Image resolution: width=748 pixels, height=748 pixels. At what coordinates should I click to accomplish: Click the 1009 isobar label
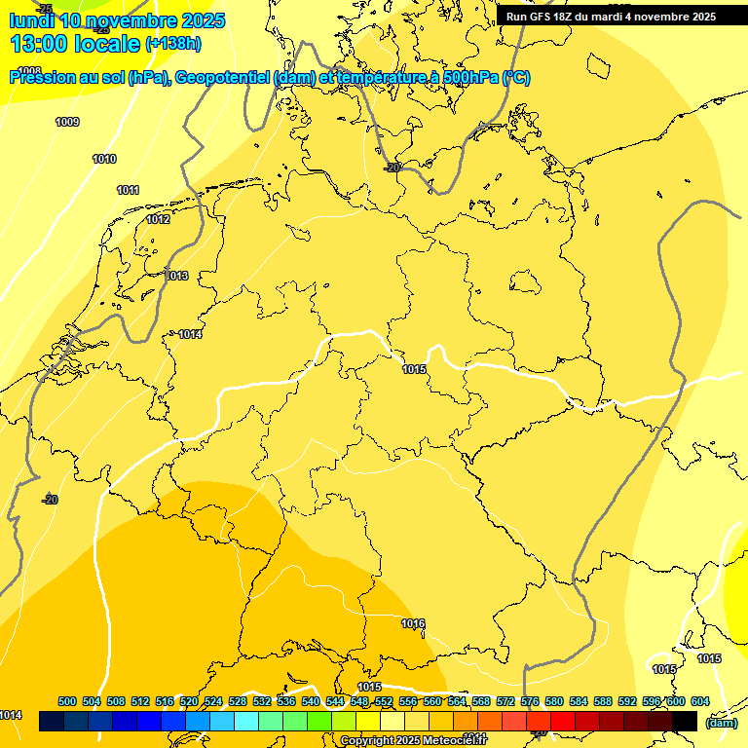(x=67, y=122)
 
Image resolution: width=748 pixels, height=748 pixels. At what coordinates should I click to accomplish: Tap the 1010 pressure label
(x=104, y=159)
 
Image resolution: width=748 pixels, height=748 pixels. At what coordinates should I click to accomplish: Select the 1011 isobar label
(x=128, y=190)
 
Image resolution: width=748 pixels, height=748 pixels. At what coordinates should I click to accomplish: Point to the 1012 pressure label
(x=158, y=219)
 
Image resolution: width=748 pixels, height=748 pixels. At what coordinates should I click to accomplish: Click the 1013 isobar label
(x=176, y=276)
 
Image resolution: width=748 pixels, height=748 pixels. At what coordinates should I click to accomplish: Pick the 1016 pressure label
(x=413, y=623)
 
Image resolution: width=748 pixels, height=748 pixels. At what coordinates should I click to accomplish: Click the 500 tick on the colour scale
(x=67, y=701)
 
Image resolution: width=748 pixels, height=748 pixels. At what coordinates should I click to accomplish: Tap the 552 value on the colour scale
(x=384, y=701)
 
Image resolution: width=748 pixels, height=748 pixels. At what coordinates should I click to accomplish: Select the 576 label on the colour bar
(x=530, y=701)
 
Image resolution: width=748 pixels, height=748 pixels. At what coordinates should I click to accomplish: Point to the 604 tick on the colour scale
(x=700, y=701)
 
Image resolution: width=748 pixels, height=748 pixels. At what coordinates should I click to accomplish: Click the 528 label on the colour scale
(x=238, y=701)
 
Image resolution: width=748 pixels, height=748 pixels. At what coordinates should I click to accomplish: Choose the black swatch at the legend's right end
(x=685, y=721)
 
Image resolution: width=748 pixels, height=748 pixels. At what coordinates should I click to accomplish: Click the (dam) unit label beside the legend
(x=721, y=723)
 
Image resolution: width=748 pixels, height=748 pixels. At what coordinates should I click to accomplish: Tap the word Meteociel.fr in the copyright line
(x=455, y=741)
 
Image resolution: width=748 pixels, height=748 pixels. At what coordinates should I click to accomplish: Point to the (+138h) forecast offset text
(x=173, y=43)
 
